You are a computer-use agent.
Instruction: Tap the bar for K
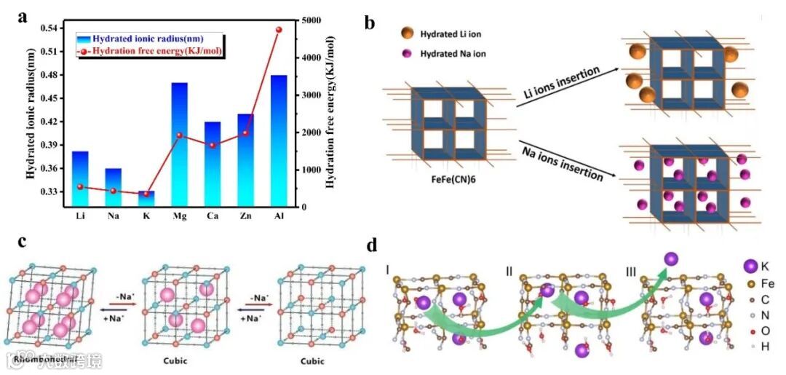click(x=146, y=199)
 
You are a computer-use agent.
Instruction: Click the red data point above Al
click(x=279, y=30)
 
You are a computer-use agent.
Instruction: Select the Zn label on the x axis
click(x=245, y=216)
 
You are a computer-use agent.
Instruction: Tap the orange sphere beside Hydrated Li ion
click(x=406, y=33)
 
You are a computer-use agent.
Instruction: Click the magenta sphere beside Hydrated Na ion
click(x=406, y=54)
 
